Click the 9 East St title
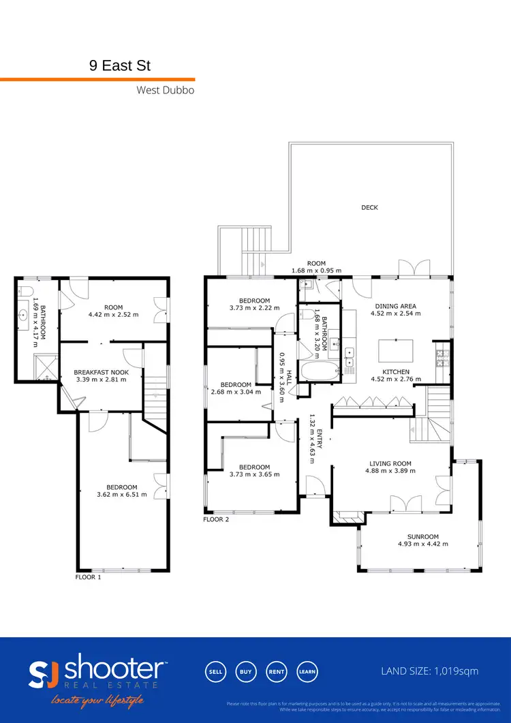tap(120, 66)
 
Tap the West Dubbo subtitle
tap(166, 90)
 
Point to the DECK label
tap(369, 208)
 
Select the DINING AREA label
tap(393, 307)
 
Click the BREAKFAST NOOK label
tap(100, 372)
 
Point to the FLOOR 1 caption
tap(88, 576)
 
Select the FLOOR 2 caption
tap(216, 519)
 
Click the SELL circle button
tap(215, 671)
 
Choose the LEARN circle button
tap(307, 671)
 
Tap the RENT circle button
tap(276, 671)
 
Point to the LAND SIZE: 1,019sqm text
tap(429, 671)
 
